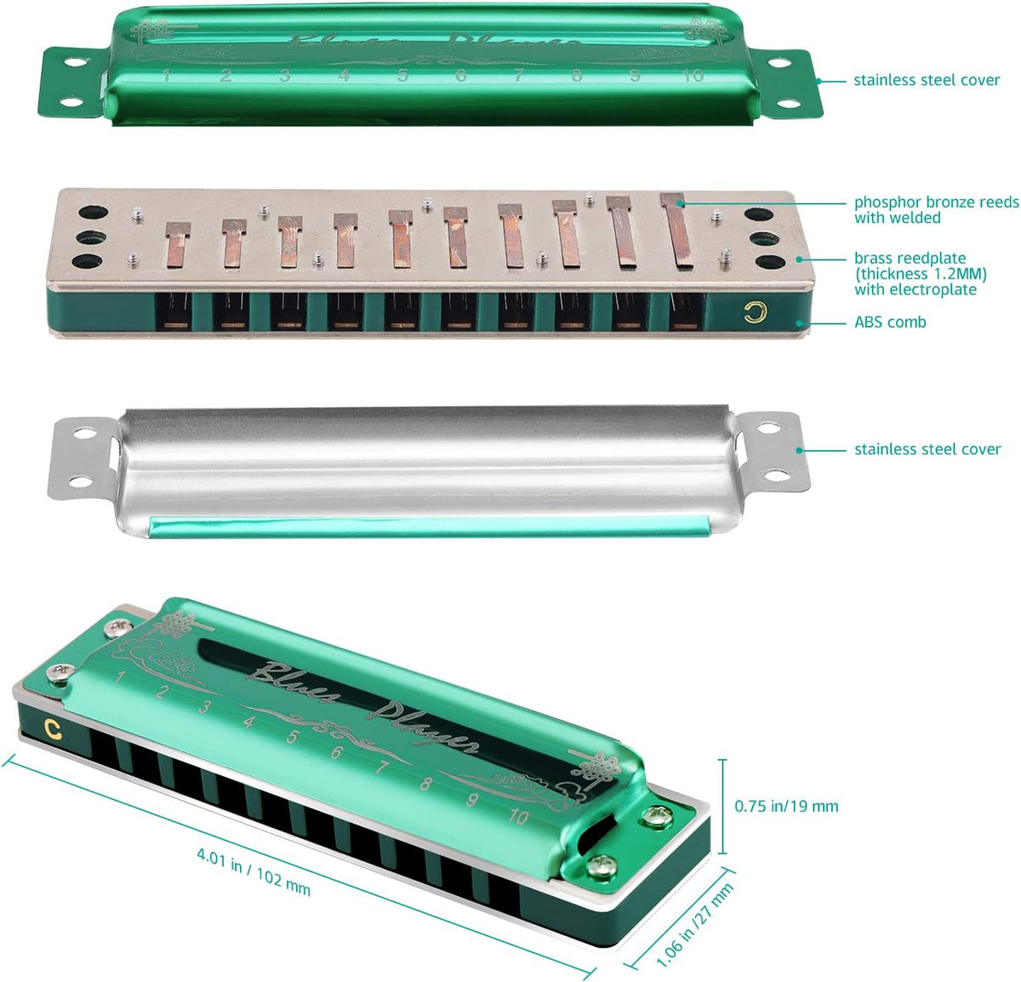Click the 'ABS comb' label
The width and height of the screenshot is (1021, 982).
click(890, 323)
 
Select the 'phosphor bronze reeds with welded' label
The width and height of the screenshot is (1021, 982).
click(936, 210)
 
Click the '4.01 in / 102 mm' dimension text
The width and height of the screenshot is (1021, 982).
click(254, 871)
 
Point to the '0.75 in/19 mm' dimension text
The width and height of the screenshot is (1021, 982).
click(786, 806)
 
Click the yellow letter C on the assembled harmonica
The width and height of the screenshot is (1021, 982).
click(53, 728)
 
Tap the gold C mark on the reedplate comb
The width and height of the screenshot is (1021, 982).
click(752, 312)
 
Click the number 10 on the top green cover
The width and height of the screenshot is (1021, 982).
click(693, 75)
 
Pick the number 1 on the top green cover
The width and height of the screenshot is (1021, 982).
click(167, 76)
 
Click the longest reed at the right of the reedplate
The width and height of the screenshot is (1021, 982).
click(678, 231)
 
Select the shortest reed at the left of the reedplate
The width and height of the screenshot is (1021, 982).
click(177, 243)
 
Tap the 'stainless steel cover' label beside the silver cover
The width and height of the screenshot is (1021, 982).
click(927, 449)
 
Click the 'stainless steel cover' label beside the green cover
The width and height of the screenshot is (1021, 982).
click(927, 80)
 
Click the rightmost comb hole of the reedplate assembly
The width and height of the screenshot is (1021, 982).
click(686, 311)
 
